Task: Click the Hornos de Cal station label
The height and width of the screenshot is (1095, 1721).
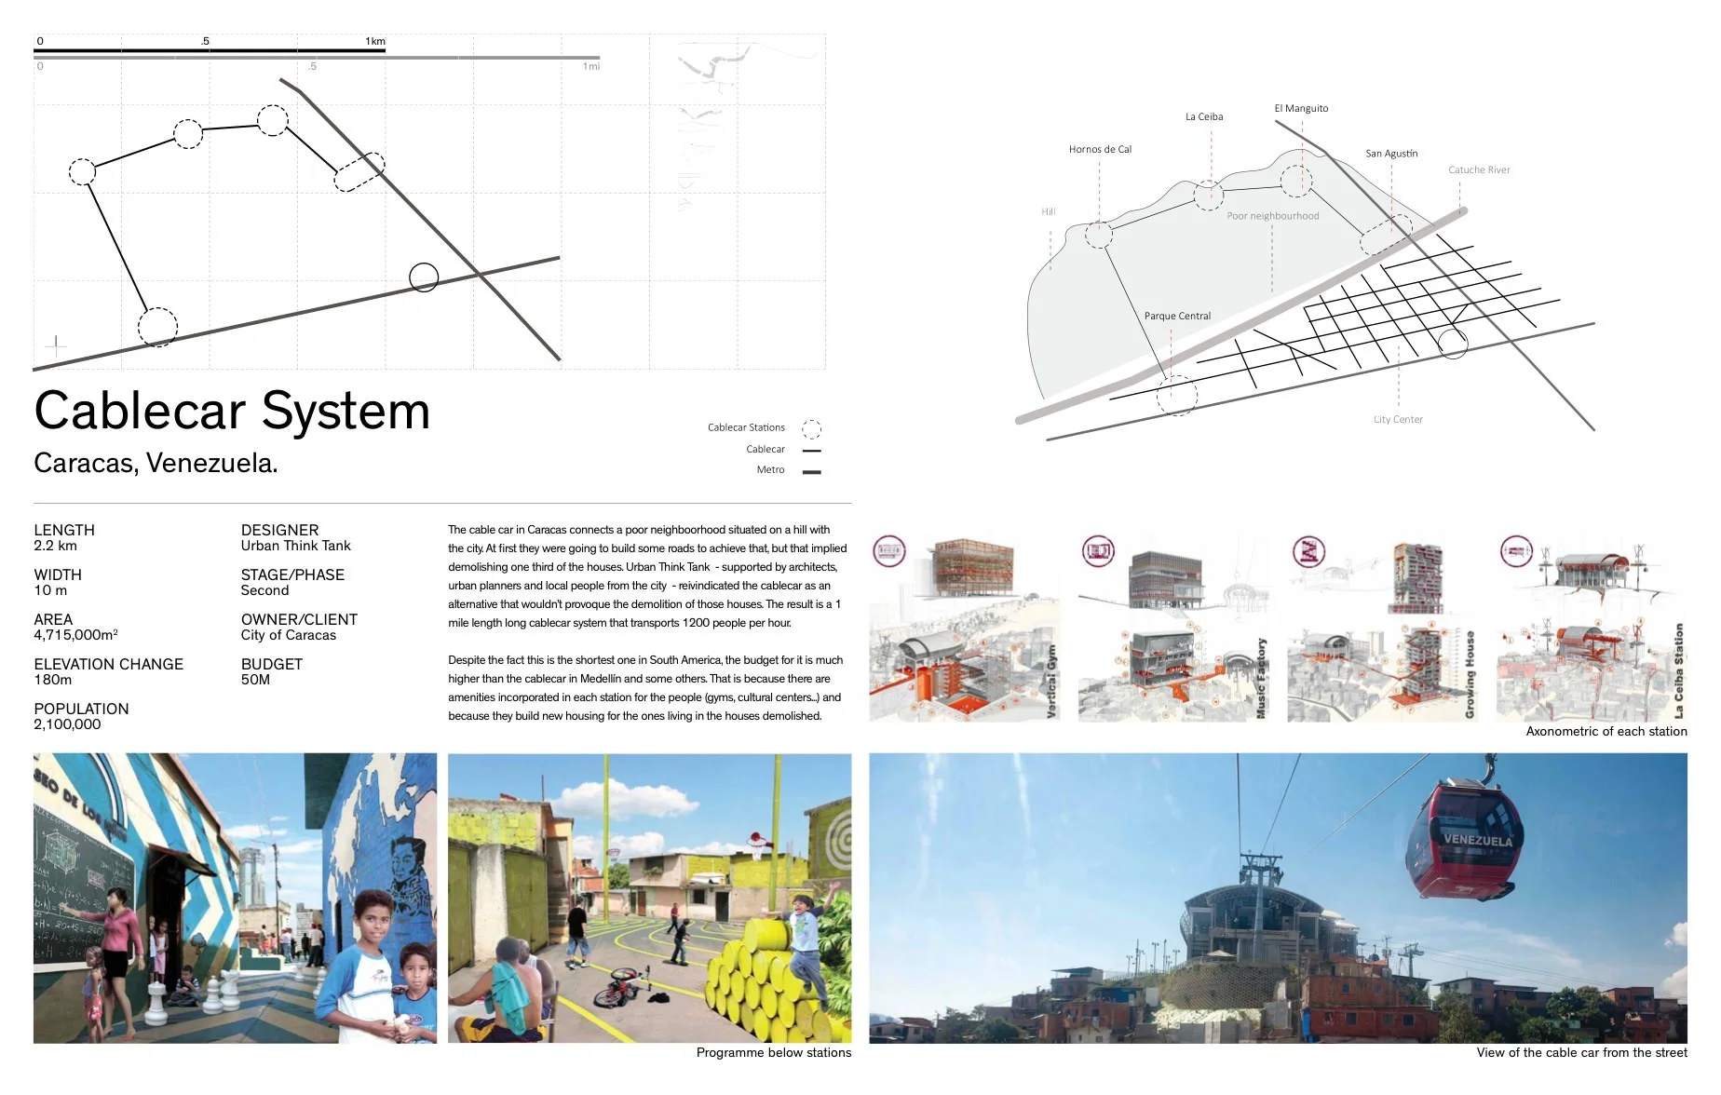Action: coord(1100,149)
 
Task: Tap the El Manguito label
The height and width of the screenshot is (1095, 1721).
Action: coord(1301,108)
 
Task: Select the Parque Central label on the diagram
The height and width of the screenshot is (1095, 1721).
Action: coord(1177,316)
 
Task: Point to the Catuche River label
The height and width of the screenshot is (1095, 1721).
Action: coord(1479,169)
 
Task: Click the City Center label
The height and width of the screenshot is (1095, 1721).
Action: coord(1398,419)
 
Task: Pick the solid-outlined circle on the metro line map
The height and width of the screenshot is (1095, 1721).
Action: coord(424,277)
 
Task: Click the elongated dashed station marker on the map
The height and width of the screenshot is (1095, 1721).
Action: coord(359,172)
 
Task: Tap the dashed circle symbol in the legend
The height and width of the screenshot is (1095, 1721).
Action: coord(811,428)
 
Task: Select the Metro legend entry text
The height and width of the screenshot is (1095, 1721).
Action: coord(770,470)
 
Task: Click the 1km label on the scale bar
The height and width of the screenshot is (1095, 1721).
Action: coord(375,41)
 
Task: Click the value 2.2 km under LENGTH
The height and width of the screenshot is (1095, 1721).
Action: coord(55,546)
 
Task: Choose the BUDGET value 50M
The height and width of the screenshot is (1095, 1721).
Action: coord(255,680)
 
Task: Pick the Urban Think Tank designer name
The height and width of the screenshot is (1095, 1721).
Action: coord(295,546)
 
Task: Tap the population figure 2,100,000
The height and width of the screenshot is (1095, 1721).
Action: coord(67,724)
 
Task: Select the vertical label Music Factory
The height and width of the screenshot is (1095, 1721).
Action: coord(1262,678)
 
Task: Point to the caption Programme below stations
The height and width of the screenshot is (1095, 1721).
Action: coord(773,1052)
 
